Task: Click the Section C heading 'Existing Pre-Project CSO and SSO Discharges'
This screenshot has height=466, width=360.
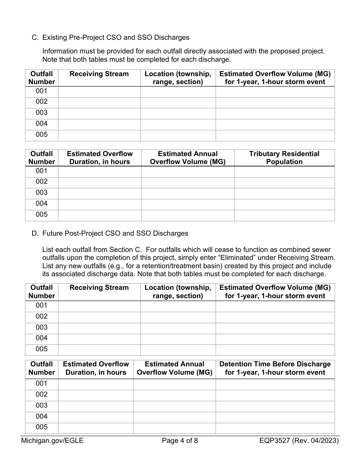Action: coord(116,38)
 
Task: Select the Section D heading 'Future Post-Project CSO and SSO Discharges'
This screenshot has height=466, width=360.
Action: coord(115,233)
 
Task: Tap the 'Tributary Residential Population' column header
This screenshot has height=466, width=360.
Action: coord(284,158)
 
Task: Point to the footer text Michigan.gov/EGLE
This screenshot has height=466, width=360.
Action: coord(52,441)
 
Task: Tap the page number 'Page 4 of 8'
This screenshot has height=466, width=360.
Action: coord(180,441)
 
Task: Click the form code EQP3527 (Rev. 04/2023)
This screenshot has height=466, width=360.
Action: coord(299,441)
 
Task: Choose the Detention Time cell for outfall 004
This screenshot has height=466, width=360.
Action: coord(275,417)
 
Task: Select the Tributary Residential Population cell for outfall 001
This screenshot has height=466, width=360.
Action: coord(284,171)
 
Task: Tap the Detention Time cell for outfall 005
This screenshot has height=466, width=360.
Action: coord(275,428)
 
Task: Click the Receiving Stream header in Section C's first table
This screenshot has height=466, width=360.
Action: coord(99,74)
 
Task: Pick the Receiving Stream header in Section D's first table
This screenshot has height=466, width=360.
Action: coord(99,288)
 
